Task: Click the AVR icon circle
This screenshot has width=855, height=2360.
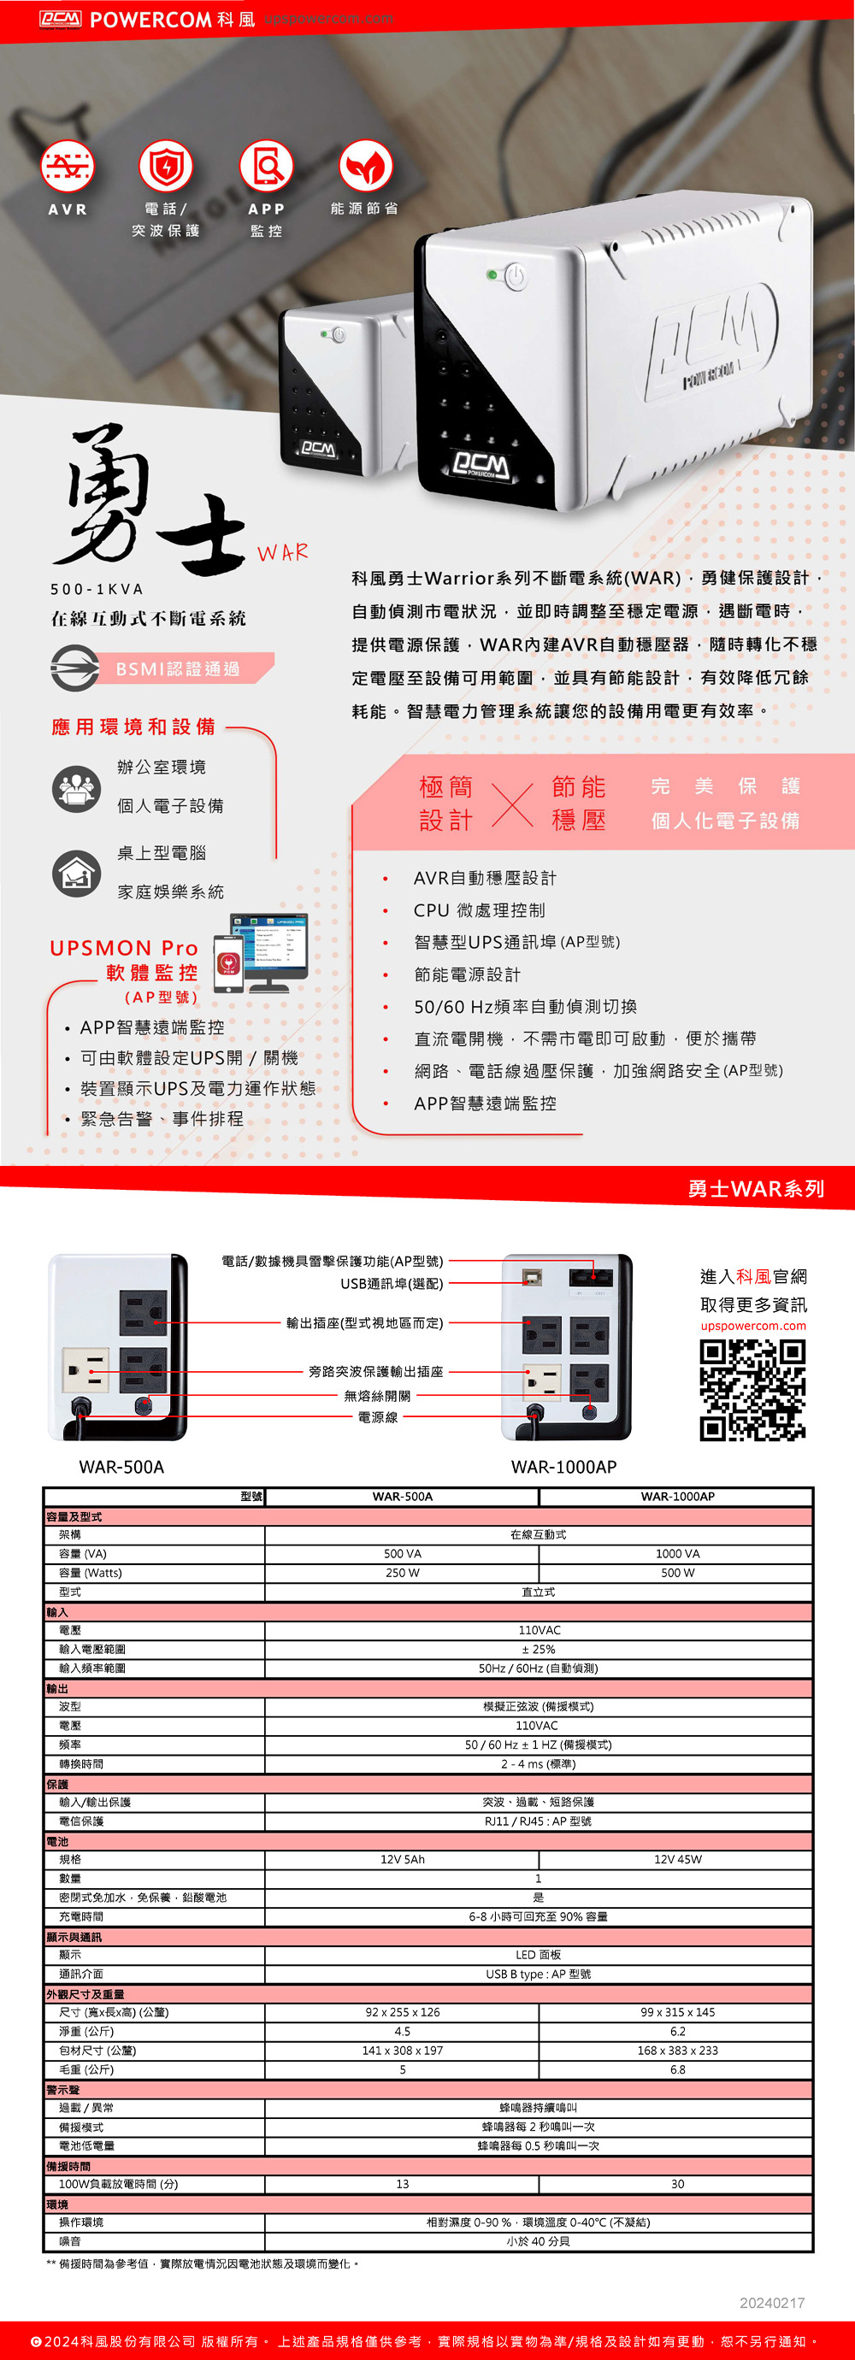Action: click(67, 167)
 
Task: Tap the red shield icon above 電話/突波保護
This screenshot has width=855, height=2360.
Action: click(166, 167)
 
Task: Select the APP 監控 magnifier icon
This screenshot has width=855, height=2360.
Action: click(266, 167)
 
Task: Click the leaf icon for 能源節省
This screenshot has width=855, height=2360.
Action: click(366, 167)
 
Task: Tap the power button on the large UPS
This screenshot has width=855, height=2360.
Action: click(516, 276)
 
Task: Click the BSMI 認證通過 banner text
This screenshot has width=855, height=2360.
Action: click(178, 668)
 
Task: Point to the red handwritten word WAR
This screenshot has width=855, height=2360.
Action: click(282, 552)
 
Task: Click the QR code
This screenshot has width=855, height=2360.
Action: click(752, 1390)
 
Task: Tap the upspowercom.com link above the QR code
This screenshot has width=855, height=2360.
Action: click(753, 1326)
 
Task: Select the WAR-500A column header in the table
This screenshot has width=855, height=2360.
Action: click(403, 1496)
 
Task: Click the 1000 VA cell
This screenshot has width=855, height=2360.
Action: click(677, 1554)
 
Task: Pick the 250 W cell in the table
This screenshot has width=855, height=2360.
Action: click(403, 1573)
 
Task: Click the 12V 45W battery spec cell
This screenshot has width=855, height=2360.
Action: click(677, 1860)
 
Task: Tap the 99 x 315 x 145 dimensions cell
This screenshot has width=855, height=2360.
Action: click(677, 2012)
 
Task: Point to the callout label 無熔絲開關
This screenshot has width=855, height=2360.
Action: click(378, 1396)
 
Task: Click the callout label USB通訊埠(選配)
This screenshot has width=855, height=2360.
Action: click(392, 1284)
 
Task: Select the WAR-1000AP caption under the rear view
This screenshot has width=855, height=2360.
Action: click(563, 1467)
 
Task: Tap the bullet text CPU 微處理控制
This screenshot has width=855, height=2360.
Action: click(480, 909)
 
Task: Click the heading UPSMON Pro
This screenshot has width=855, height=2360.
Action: click(124, 947)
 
